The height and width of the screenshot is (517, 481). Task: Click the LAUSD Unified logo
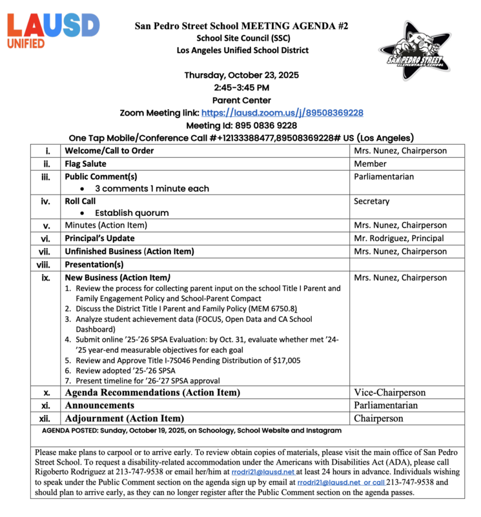(x=53, y=30)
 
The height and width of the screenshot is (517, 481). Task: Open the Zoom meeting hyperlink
(x=282, y=112)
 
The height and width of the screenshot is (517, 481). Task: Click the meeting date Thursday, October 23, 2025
(x=241, y=75)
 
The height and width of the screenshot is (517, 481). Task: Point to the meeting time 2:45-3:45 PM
(x=241, y=87)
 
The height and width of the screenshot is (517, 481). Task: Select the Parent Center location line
(x=241, y=100)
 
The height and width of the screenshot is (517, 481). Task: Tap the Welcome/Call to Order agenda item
(x=109, y=151)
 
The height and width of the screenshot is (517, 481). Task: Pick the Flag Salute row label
(x=86, y=164)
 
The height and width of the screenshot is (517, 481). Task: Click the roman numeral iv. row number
(x=46, y=202)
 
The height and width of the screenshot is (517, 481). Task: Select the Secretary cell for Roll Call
(x=372, y=202)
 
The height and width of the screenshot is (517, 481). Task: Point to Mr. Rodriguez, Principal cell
(x=398, y=238)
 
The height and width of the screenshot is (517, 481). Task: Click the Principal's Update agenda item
(x=99, y=238)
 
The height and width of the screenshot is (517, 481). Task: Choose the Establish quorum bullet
(x=132, y=213)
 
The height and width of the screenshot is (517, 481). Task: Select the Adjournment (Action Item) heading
(x=124, y=418)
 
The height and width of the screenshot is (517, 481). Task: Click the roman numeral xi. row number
(x=46, y=405)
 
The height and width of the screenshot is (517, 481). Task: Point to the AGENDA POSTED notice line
(x=192, y=430)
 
